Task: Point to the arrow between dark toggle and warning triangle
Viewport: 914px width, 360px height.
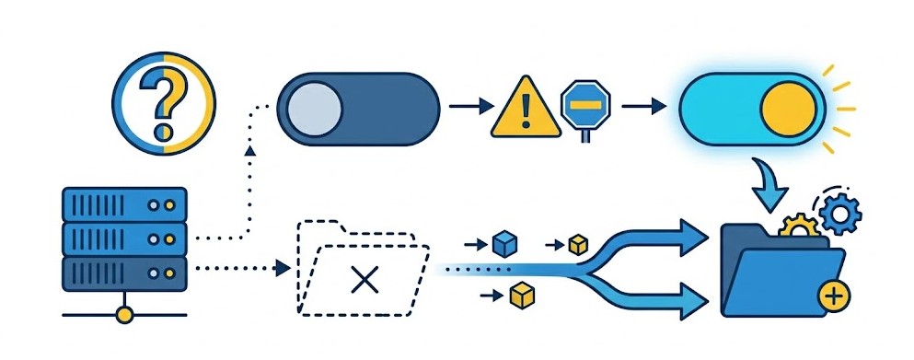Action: tap(471, 107)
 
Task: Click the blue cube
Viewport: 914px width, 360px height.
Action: tap(504, 243)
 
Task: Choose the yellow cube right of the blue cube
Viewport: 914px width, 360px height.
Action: tap(578, 244)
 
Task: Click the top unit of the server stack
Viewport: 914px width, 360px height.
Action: tap(124, 203)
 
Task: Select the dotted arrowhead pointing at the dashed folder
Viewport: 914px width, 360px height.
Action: tap(283, 268)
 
